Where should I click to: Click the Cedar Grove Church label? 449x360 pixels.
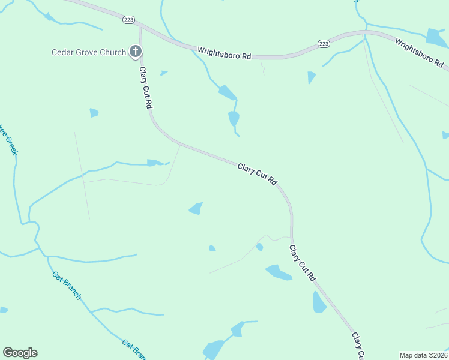(88, 52)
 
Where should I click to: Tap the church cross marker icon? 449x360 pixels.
(136, 52)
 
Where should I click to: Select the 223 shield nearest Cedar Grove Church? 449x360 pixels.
(128, 20)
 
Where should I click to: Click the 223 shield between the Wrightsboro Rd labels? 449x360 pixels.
(324, 44)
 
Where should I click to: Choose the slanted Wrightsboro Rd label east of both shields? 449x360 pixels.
(418, 52)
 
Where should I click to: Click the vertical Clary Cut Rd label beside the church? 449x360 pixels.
(146, 88)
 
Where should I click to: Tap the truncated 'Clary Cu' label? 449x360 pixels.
(358, 347)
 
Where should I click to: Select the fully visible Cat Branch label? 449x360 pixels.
(67, 286)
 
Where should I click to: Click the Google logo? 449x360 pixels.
(20, 353)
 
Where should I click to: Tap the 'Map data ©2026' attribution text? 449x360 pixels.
(423, 355)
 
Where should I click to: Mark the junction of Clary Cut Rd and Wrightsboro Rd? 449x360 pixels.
(139, 26)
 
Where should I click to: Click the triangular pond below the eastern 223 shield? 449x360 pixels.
(311, 77)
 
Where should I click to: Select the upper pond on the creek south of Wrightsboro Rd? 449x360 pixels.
(227, 92)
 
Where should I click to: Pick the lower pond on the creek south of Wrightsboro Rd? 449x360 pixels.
(234, 118)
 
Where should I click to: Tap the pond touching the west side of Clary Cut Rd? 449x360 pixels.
(319, 302)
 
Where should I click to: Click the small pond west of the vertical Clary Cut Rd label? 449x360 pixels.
(94, 113)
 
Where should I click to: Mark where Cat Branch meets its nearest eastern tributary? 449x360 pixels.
(91, 311)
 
